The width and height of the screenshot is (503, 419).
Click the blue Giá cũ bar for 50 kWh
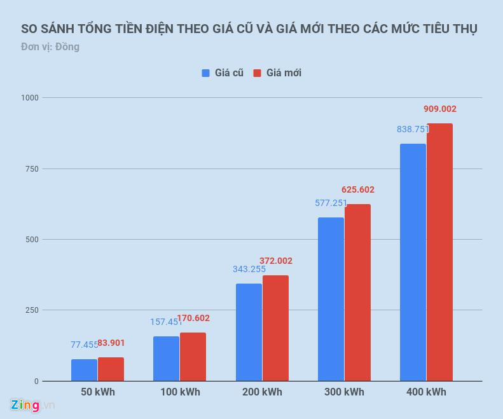coord(85,370)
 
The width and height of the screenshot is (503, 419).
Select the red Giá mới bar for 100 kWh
coord(193,357)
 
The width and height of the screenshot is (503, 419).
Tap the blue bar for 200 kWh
coord(249,332)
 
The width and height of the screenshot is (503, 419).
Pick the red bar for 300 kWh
coord(357,292)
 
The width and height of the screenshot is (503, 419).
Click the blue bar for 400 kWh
coord(413,262)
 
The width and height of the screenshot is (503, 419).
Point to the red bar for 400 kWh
coord(439,252)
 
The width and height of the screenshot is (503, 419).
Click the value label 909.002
coord(440,109)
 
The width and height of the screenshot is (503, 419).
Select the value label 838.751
coord(413,129)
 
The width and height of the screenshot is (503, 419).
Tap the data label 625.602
coord(358,189)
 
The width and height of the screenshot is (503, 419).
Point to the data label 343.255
coord(249,269)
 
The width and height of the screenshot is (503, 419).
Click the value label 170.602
coord(193,319)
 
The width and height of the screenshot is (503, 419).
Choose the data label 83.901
coord(111,343)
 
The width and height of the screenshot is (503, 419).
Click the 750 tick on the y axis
coord(32,168)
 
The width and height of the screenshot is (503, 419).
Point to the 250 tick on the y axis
coord(32,310)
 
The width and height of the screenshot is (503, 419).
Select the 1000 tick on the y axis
coord(30,98)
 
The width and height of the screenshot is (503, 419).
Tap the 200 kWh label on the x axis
coord(263,392)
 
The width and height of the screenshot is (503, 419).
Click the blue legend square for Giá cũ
coord(206,73)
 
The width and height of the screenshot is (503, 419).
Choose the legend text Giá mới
coord(284,73)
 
